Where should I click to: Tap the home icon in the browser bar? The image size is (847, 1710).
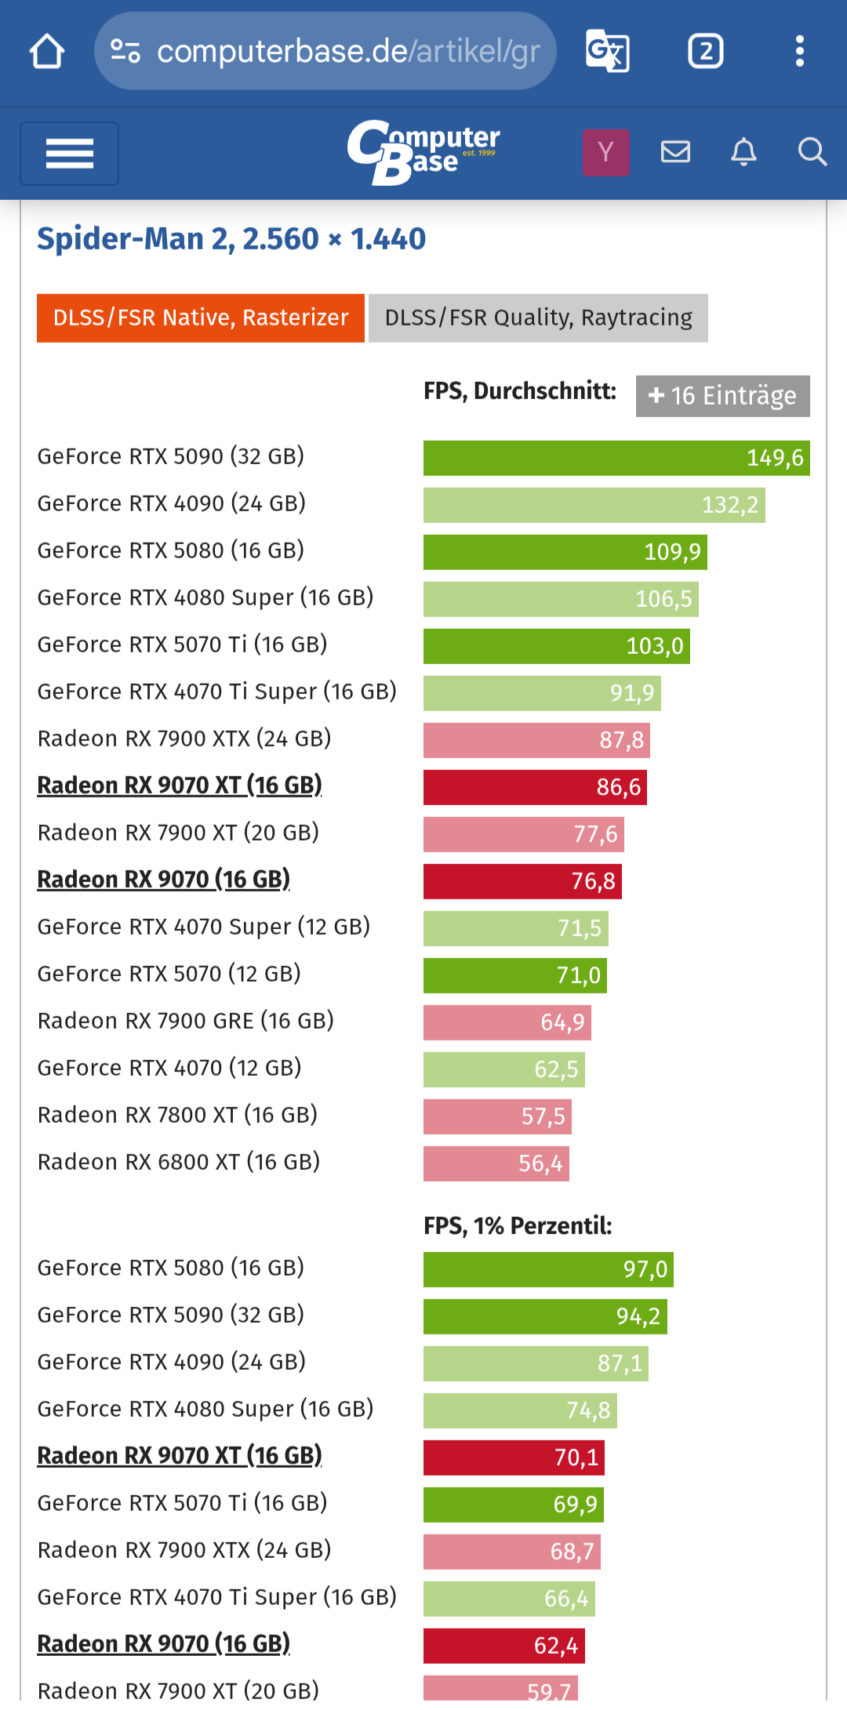[x=47, y=52]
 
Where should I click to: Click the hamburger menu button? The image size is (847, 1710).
[x=70, y=154]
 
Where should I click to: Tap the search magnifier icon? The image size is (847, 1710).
[x=812, y=151]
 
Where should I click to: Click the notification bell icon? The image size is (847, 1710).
[x=743, y=151]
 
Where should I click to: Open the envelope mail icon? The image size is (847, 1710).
[x=675, y=151]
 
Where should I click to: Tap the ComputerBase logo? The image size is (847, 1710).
[x=423, y=152]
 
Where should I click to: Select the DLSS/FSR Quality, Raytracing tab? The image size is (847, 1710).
[x=538, y=318]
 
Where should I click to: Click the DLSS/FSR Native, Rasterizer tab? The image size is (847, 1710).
[x=201, y=318]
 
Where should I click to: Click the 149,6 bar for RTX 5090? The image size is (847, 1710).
[x=616, y=458]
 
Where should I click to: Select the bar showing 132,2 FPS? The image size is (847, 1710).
[x=594, y=505]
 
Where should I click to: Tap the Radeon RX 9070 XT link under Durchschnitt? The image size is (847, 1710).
[x=180, y=786]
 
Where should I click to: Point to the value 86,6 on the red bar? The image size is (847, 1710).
[x=619, y=787]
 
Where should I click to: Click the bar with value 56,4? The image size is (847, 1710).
[x=496, y=1164]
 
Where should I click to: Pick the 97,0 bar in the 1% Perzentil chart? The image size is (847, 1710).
[x=548, y=1269]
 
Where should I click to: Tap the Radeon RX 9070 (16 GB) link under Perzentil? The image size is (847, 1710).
[x=164, y=1644]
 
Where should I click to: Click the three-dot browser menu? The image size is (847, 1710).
[x=799, y=52]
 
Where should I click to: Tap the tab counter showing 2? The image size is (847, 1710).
[x=705, y=52]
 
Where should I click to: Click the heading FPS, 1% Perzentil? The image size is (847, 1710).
[x=518, y=1225]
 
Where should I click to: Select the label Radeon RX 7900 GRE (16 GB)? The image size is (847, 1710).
[x=186, y=1021]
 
